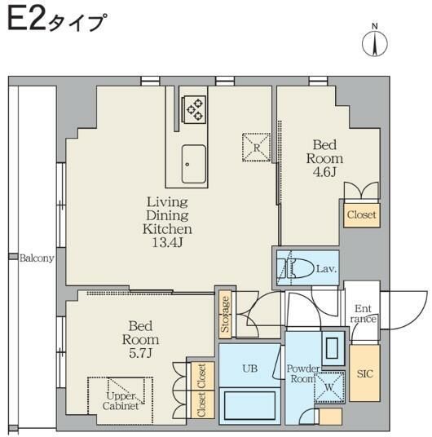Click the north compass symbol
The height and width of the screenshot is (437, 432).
point(376,41)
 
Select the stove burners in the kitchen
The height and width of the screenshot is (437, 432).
point(195,108)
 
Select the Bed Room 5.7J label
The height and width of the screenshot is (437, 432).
point(140,338)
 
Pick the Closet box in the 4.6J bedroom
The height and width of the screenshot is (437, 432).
point(361,215)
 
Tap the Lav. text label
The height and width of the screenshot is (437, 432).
point(326,268)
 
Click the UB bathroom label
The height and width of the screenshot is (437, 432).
point(249,368)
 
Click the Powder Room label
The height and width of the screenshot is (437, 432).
point(302,373)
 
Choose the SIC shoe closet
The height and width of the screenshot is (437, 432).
point(364,373)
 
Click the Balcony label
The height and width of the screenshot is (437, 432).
point(37,258)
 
